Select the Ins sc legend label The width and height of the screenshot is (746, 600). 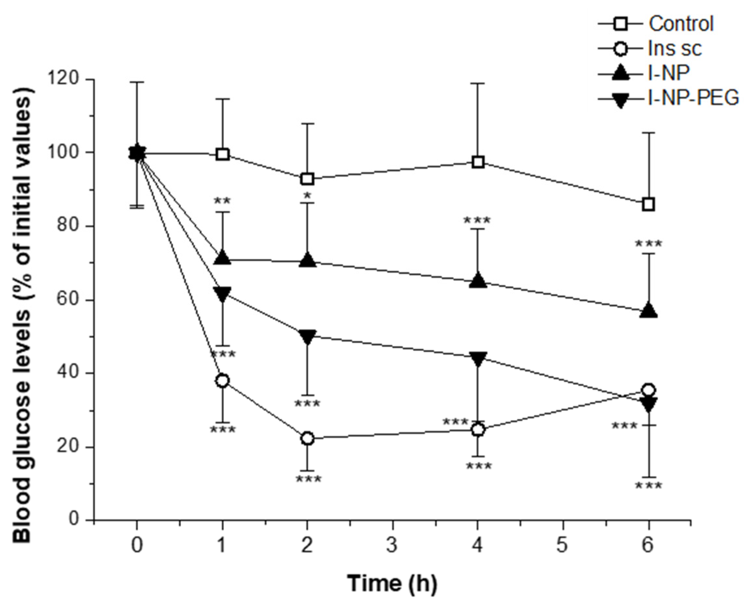675,48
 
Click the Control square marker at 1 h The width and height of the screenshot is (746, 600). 222,154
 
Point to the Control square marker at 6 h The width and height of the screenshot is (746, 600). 648,204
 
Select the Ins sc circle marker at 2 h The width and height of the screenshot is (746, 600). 307,439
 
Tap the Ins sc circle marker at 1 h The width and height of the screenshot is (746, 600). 222,381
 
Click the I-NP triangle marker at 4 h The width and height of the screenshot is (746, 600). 478,280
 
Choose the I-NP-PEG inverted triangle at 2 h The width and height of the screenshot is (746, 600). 307,336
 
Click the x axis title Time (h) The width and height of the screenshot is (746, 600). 392,583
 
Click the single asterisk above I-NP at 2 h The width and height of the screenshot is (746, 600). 307,196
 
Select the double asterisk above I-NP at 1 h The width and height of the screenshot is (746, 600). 222,201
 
